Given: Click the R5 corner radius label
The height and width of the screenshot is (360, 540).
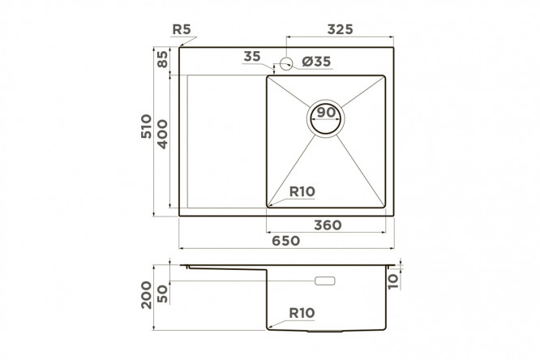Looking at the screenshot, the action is pos(181,29).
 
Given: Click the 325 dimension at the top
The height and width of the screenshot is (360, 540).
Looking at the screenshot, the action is pos(340,29).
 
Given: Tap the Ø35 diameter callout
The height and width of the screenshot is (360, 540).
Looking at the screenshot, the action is pos(316,62).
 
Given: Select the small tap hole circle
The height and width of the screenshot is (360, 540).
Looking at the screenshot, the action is pos(286,63).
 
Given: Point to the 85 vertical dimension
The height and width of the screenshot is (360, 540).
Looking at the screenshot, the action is pos(162,59).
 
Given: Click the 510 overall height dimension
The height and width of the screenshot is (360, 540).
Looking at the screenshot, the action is pos(146,126).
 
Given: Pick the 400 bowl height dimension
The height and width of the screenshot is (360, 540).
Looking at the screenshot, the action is pos(162,134).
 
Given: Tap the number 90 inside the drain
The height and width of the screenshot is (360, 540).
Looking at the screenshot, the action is pos(325,113).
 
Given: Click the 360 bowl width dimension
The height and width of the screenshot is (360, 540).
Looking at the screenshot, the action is pos(328,225).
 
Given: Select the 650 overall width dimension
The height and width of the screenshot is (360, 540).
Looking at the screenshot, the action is pos(285,241).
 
